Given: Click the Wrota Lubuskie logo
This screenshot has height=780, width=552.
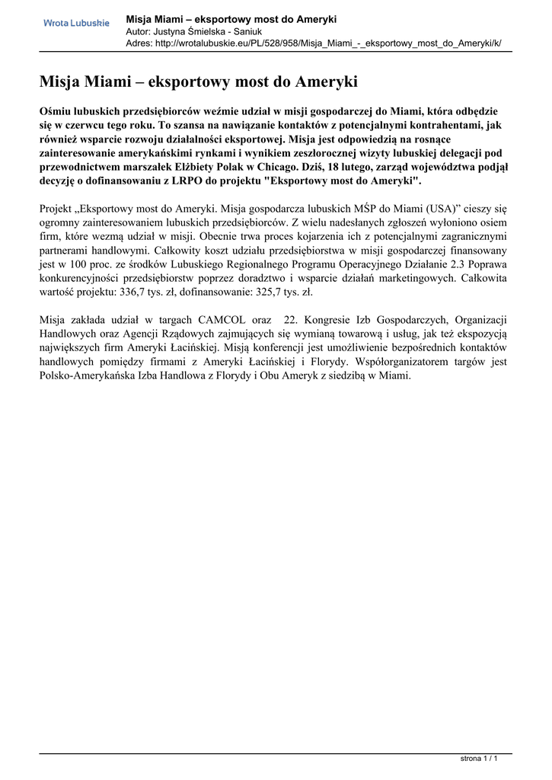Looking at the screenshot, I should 76,24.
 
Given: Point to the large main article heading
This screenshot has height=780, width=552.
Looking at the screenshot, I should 198,82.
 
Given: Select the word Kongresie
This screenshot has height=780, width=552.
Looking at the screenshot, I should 330,320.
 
